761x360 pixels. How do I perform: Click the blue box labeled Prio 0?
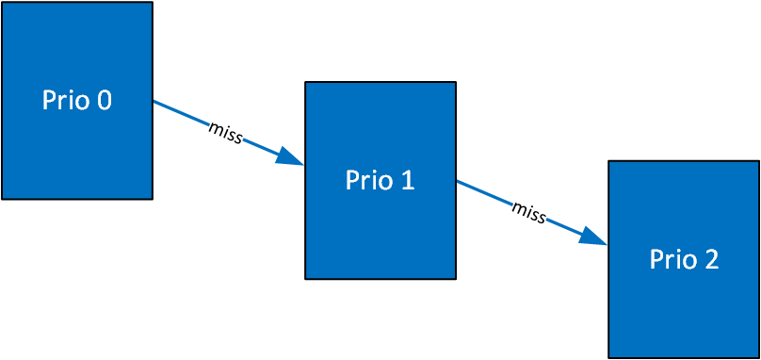pos(77,101)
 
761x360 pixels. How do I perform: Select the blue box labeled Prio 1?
pos(380,180)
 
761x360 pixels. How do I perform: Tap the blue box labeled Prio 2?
pos(684,259)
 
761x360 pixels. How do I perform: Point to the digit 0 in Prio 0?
pos(103,101)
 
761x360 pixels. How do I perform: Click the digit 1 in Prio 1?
pos(407,180)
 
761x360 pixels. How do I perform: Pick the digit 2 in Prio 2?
pos(710,259)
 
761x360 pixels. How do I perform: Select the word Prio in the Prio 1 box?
pos(367,180)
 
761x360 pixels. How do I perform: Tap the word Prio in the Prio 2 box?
pos(671,259)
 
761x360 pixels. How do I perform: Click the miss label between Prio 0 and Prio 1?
pos(226,132)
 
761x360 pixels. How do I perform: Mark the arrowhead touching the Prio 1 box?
pos(291,158)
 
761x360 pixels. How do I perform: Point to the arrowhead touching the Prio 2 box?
pos(594,237)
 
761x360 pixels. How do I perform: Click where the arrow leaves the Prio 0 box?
pos(154,102)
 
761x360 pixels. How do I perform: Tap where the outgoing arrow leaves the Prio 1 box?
pos(458,181)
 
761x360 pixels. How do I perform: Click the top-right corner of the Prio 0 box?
pos(152,3)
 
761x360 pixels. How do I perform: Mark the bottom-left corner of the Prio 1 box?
pos(306,278)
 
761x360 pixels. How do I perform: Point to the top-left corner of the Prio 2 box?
pos(609,162)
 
